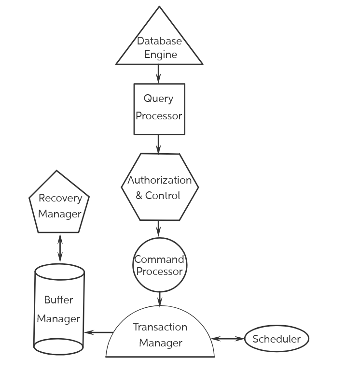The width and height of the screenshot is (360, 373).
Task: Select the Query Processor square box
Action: pyautogui.click(x=159, y=109)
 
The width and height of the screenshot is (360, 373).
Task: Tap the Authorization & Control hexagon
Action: pyautogui.click(x=159, y=187)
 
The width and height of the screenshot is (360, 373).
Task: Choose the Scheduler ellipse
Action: pyautogui.click(x=277, y=339)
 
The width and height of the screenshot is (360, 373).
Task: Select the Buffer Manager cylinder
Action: pyautogui.click(x=59, y=309)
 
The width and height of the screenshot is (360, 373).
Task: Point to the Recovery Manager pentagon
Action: pyautogui.click(x=59, y=205)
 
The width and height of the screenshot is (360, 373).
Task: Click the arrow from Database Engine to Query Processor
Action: pyautogui.click(x=159, y=74)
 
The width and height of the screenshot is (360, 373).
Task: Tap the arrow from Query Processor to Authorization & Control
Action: pyautogui.click(x=159, y=143)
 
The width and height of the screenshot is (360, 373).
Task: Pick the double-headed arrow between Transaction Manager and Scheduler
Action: pyautogui.click(x=228, y=339)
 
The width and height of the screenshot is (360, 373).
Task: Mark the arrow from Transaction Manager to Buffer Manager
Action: pyautogui.click(x=98, y=332)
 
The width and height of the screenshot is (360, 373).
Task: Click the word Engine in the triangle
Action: pyautogui.click(x=161, y=54)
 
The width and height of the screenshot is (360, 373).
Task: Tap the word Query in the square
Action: pyautogui.click(x=158, y=99)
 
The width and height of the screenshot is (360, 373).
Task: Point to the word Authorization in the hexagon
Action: pyautogui.click(x=159, y=180)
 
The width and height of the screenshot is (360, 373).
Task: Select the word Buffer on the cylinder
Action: pyautogui.click(x=58, y=300)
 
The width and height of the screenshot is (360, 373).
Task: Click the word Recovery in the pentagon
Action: pyautogui.click(x=60, y=198)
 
